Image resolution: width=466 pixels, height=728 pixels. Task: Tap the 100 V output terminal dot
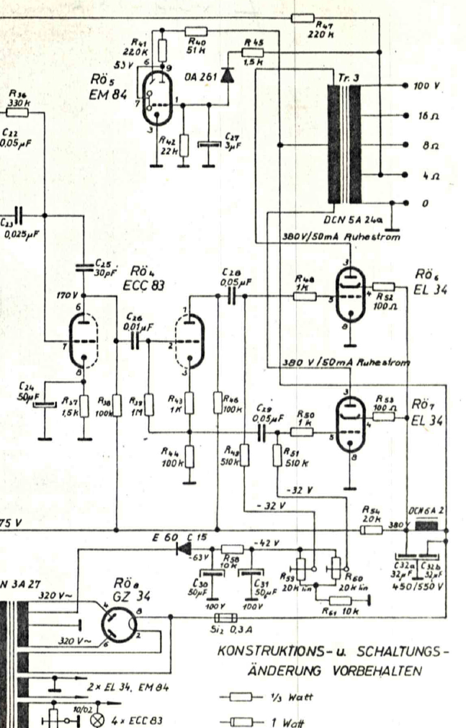point(406,86)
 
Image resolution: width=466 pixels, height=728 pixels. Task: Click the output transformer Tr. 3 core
point(344,145)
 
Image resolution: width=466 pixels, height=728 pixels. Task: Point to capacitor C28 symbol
point(232,297)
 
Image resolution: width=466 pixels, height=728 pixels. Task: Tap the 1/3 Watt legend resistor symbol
point(239,696)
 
